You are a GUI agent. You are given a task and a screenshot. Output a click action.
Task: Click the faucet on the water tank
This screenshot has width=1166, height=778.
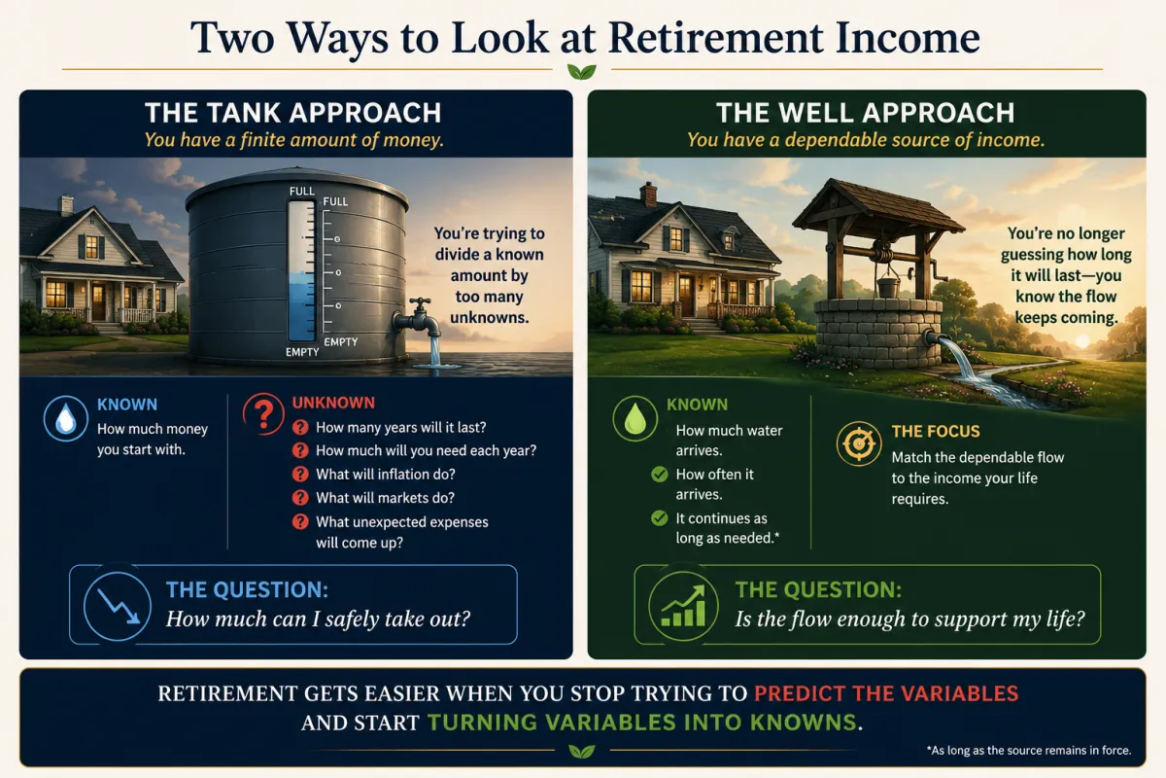pos(418,318)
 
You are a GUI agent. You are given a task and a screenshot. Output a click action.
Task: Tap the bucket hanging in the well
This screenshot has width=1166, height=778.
pos(888,286)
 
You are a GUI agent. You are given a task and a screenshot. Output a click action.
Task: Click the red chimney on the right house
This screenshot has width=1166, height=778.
pos(648,194)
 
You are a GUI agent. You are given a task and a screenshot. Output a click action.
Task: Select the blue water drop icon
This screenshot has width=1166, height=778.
pos(66,419)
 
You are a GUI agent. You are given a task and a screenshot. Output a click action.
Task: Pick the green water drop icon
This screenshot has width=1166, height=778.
pos(635,419)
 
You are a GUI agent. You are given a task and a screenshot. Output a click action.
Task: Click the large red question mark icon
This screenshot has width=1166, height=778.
pos(264,414)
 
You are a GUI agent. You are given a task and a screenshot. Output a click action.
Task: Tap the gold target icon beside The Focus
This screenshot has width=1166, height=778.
pos(859,443)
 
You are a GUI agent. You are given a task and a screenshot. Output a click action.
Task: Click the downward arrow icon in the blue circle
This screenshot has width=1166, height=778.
pos(118,606)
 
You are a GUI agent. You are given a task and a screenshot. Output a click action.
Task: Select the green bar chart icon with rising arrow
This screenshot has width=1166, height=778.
pos(683,606)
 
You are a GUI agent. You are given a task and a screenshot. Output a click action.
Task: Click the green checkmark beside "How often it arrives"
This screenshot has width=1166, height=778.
pos(660,475)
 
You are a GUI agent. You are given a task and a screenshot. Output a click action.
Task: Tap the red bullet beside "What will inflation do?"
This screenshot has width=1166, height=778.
pos(300,475)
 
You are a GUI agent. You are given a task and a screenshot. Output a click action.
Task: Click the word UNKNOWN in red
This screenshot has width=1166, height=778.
pos(333,403)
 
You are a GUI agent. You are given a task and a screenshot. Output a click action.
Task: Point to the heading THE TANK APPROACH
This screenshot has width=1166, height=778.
pos(293,113)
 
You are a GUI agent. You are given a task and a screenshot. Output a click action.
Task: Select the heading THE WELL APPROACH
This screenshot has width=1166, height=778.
pos(865,113)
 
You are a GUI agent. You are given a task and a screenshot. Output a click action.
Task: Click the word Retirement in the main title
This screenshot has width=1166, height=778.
pos(716,38)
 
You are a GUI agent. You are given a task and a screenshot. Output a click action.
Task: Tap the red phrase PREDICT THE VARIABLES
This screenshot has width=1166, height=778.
pos(886,693)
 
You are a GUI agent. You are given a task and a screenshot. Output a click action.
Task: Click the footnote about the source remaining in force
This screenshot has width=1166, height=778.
pos(1029,751)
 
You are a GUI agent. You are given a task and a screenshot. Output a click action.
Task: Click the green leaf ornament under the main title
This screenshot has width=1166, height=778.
pos(582,71)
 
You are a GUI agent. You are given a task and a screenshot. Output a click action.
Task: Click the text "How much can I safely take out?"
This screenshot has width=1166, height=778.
pos(318,619)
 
